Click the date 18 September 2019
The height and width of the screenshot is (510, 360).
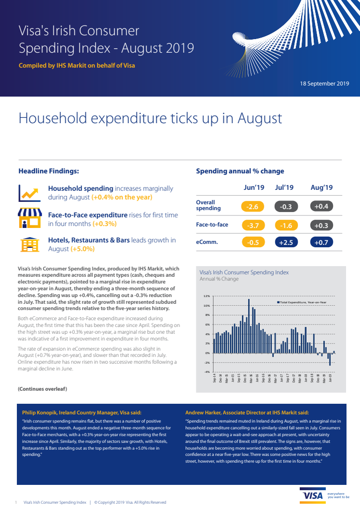point(324,84)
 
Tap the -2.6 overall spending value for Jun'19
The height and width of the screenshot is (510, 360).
point(252,207)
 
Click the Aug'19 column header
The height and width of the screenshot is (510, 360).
point(321,187)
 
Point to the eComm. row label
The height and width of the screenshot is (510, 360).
point(207,242)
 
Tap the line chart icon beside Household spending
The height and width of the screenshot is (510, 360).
point(29,193)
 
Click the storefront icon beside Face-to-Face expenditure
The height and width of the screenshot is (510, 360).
point(29,219)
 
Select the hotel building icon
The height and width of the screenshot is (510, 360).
point(29,245)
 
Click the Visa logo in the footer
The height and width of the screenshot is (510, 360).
point(313,496)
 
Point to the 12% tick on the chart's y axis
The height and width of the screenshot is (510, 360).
point(207,296)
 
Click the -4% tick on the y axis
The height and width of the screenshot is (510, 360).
point(207,372)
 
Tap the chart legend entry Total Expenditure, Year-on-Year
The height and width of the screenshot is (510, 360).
point(302,302)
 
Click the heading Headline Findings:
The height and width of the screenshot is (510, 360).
point(49,171)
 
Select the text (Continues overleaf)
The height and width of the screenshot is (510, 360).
point(42,389)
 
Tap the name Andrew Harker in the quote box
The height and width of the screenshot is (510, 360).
point(206,412)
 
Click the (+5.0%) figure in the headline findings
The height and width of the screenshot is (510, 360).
point(83,249)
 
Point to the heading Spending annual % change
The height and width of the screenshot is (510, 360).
point(240,171)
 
